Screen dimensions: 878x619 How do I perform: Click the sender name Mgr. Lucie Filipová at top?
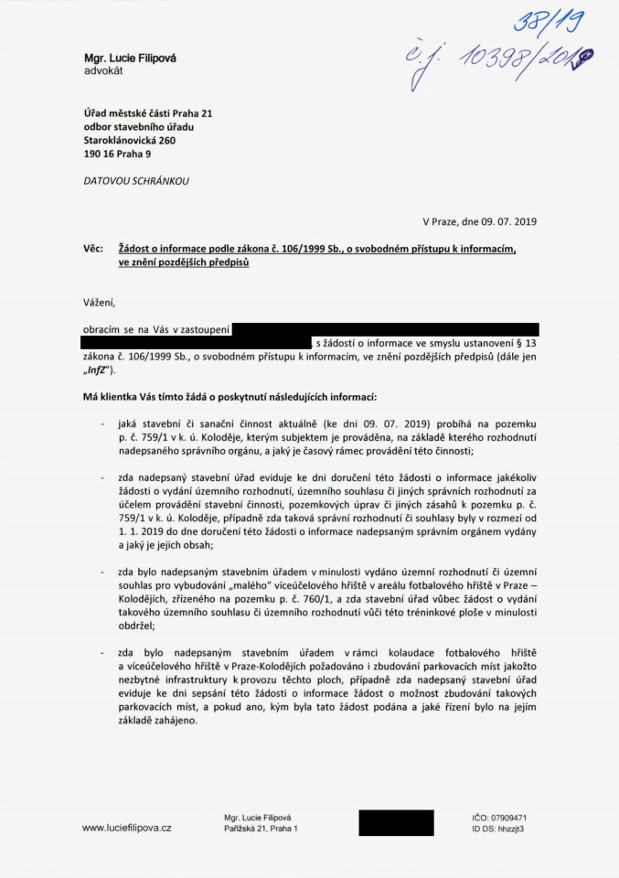(x=130, y=59)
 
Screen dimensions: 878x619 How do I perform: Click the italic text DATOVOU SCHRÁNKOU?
(x=136, y=181)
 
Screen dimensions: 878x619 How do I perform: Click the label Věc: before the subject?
(x=93, y=249)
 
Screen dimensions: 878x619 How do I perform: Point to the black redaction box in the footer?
(x=396, y=822)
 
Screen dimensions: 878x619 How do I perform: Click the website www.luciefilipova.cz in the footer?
(x=127, y=828)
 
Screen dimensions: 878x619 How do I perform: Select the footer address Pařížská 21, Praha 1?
(x=261, y=829)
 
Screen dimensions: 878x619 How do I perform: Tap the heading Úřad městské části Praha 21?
(x=147, y=113)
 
